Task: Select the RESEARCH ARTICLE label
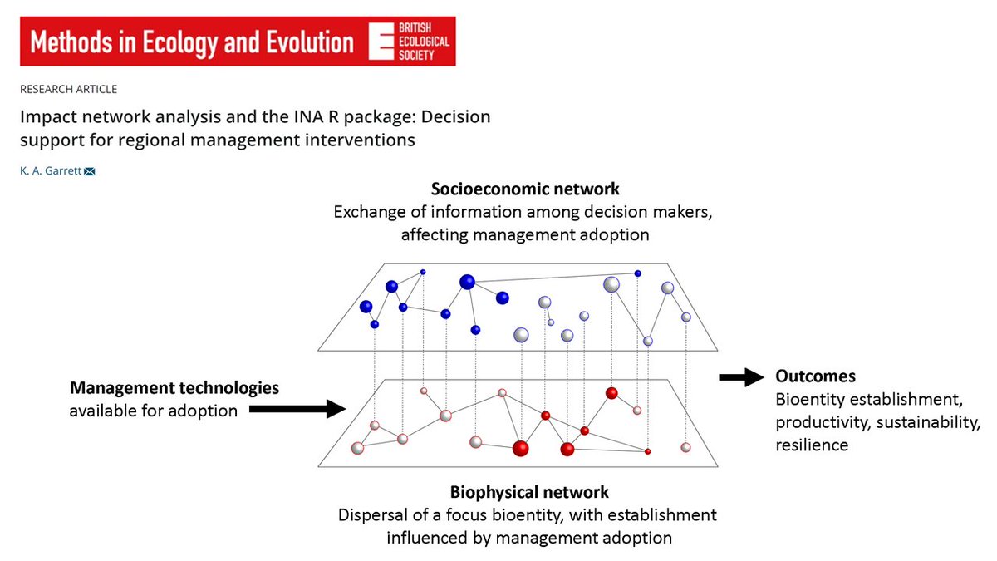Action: tap(69, 89)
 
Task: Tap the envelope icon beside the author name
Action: tap(90, 171)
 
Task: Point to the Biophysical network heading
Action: tap(529, 491)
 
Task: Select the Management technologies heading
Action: tap(174, 388)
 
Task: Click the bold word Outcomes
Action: tap(815, 376)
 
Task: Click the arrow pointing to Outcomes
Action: tap(740, 378)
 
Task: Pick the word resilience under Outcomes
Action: tap(812, 445)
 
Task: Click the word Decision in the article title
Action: tap(449, 116)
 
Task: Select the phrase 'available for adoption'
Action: tap(152, 411)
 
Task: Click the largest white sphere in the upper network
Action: tap(611, 284)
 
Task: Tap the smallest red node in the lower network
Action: tap(647, 451)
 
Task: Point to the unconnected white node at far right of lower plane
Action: tap(685, 447)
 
